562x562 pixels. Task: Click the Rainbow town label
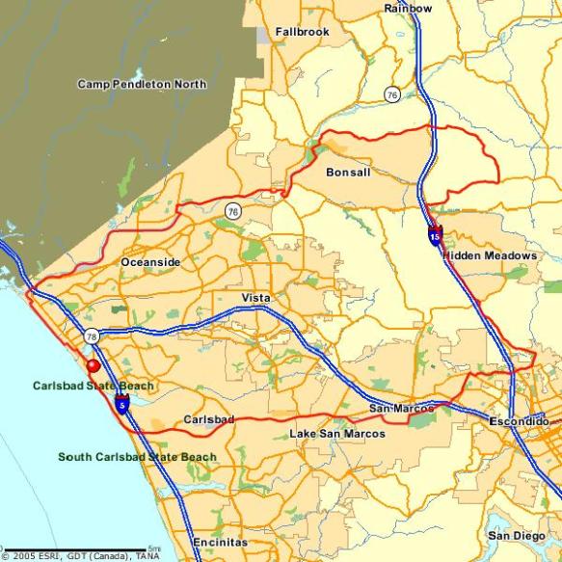(408, 8)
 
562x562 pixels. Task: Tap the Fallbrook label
(302, 32)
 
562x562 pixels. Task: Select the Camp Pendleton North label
(142, 85)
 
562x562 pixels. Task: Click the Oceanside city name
(150, 262)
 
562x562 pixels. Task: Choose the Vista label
(256, 297)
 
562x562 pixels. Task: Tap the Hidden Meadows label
(490, 255)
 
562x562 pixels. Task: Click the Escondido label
(519, 422)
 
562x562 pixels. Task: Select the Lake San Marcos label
(337, 435)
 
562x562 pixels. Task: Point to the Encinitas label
(220, 542)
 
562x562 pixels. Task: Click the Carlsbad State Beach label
(93, 387)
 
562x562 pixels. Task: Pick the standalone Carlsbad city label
(208, 421)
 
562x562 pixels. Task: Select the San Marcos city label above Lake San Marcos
(401, 410)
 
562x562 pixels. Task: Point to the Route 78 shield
(91, 335)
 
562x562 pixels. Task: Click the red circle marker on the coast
(93, 366)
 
